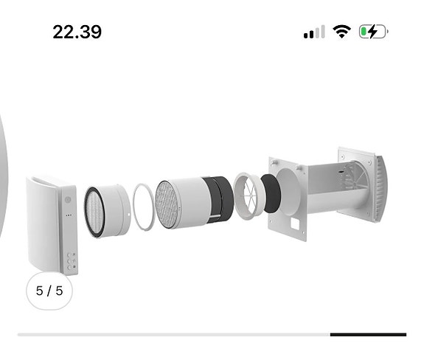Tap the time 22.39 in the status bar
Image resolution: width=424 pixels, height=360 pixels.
pos(77,32)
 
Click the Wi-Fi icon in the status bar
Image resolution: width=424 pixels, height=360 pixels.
pos(341,32)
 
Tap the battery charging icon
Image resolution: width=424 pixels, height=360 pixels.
pos(372,32)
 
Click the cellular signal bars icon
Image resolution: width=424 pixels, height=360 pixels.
pos(314,32)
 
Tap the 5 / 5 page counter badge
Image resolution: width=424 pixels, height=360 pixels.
pos(49,290)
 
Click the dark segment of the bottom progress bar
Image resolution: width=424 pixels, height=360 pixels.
pos(368,335)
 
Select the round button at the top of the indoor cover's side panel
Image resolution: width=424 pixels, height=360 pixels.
pos(68,199)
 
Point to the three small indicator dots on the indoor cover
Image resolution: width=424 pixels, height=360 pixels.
pos(68,216)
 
